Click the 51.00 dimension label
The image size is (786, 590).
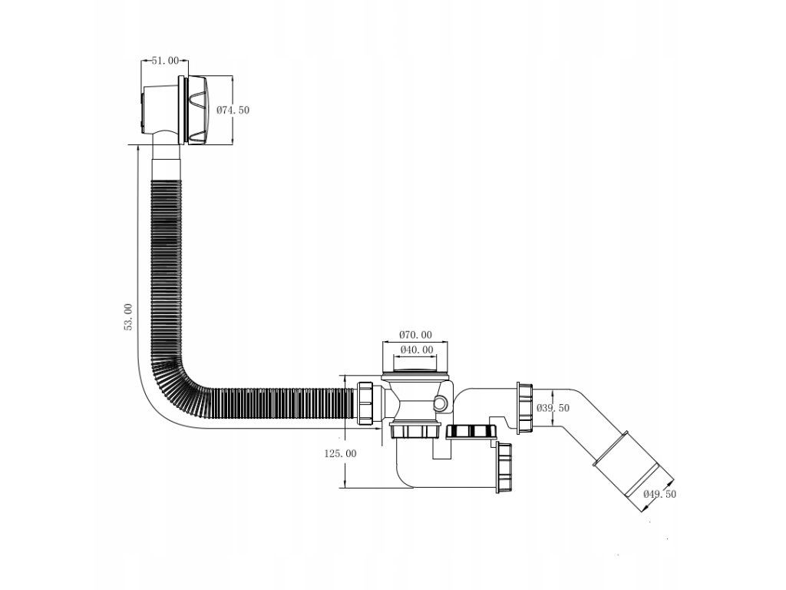pyautogui.click(x=166, y=61)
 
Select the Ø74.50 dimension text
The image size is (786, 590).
pyautogui.click(x=233, y=110)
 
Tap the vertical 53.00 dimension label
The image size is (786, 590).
pyautogui.click(x=128, y=317)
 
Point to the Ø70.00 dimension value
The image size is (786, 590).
pyautogui.click(x=415, y=335)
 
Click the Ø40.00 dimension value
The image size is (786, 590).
pyautogui.click(x=415, y=350)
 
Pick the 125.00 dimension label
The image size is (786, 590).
pyautogui.click(x=340, y=453)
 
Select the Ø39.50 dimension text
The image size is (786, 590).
pyautogui.click(x=553, y=408)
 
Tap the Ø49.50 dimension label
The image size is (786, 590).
pyautogui.click(x=659, y=495)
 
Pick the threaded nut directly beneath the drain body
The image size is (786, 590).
pyautogui.click(x=416, y=429)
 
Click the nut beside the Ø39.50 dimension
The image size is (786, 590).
pyautogui.click(x=525, y=407)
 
